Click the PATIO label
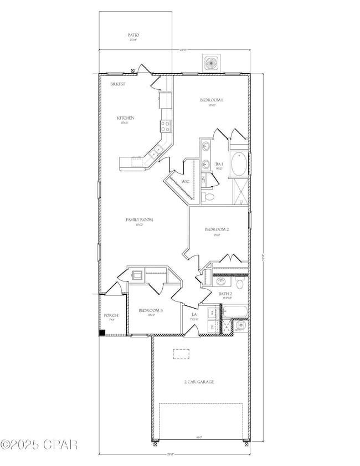point(133,35)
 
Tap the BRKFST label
point(117,83)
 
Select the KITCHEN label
point(125,118)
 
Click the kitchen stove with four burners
point(165,125)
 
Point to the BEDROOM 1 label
point(211,100)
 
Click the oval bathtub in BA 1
point(240,163)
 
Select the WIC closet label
point(186,181)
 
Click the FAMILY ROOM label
point(139,220)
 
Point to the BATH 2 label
point(224,294)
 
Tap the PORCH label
point(111,316)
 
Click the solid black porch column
point(102,332)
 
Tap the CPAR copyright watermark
point(39,444)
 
